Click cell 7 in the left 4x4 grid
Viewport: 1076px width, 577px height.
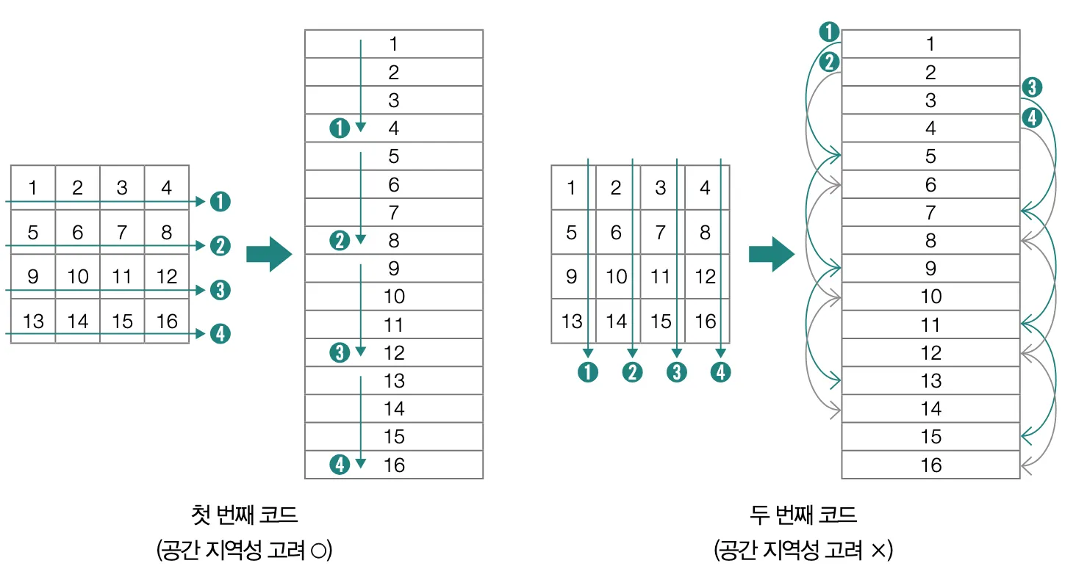(x=122, y=233)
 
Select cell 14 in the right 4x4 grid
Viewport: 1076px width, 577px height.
(x=616, y=321)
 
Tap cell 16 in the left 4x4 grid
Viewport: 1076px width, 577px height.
(x=167, y=321)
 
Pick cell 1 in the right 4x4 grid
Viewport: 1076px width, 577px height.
(x=572, y=188)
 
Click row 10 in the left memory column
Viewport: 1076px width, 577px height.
(x=394, y=297)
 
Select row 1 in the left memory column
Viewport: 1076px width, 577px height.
(x=394, y=44)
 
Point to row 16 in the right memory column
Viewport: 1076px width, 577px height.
(x=930, y=465)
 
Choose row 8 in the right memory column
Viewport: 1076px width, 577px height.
(x=930, y=240)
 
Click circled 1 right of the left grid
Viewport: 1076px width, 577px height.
(x=220, y=200)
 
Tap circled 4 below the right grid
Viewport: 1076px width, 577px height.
(x=721, y=372)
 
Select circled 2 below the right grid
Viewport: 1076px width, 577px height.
(x=632, y=372)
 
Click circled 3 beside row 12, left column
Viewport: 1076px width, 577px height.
(x=340, y=352)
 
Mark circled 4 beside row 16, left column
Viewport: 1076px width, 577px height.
(x=340, y=465)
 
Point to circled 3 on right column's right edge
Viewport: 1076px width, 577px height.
(x=1032, y=88)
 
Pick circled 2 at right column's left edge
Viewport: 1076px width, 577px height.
(x=829, y=62)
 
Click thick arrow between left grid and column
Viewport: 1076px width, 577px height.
(x=268, y=254)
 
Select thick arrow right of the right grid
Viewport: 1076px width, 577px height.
(x=771, y=254)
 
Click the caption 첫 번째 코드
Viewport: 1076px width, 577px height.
(x=244, y=515)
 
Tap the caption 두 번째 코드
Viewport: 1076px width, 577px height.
(x=803, y=515)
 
